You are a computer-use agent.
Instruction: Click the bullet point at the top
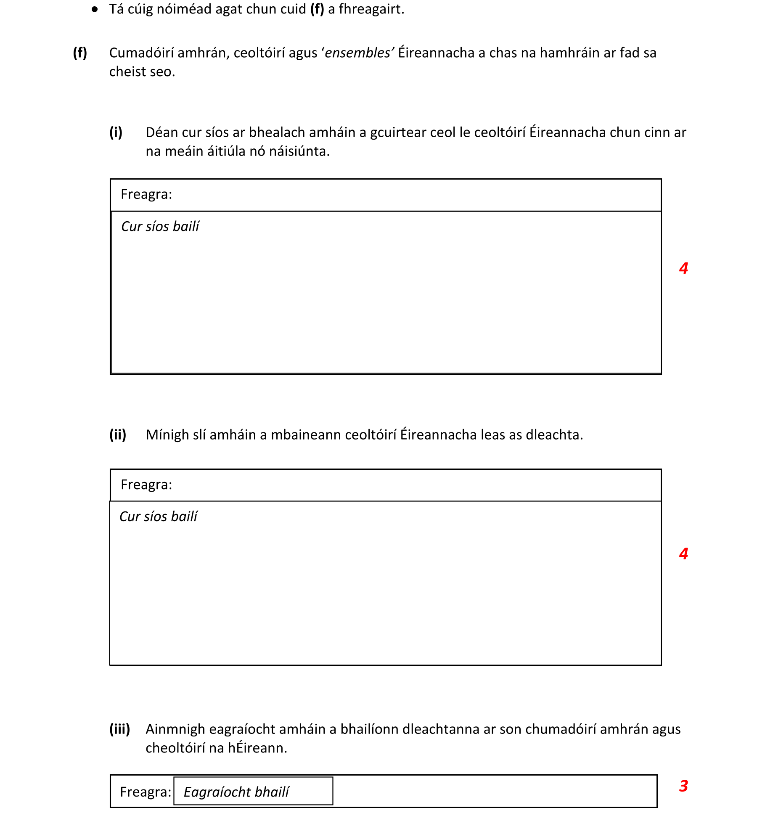95,9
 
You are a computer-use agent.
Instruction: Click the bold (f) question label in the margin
80,53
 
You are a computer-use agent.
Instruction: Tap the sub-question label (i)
116,132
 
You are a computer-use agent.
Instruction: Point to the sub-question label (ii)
118,434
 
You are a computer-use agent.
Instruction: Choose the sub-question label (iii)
119,729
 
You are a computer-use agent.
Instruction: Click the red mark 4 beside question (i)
683,268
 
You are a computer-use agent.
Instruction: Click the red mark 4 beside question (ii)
683,553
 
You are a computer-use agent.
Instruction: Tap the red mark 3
683,786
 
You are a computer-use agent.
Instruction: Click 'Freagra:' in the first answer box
146,194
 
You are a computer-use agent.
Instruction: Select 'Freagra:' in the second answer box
146,485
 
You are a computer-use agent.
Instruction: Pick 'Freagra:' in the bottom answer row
146,792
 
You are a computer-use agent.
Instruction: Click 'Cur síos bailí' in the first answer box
160,227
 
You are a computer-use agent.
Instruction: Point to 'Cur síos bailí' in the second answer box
159,516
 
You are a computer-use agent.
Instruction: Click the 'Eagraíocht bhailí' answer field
253,791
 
